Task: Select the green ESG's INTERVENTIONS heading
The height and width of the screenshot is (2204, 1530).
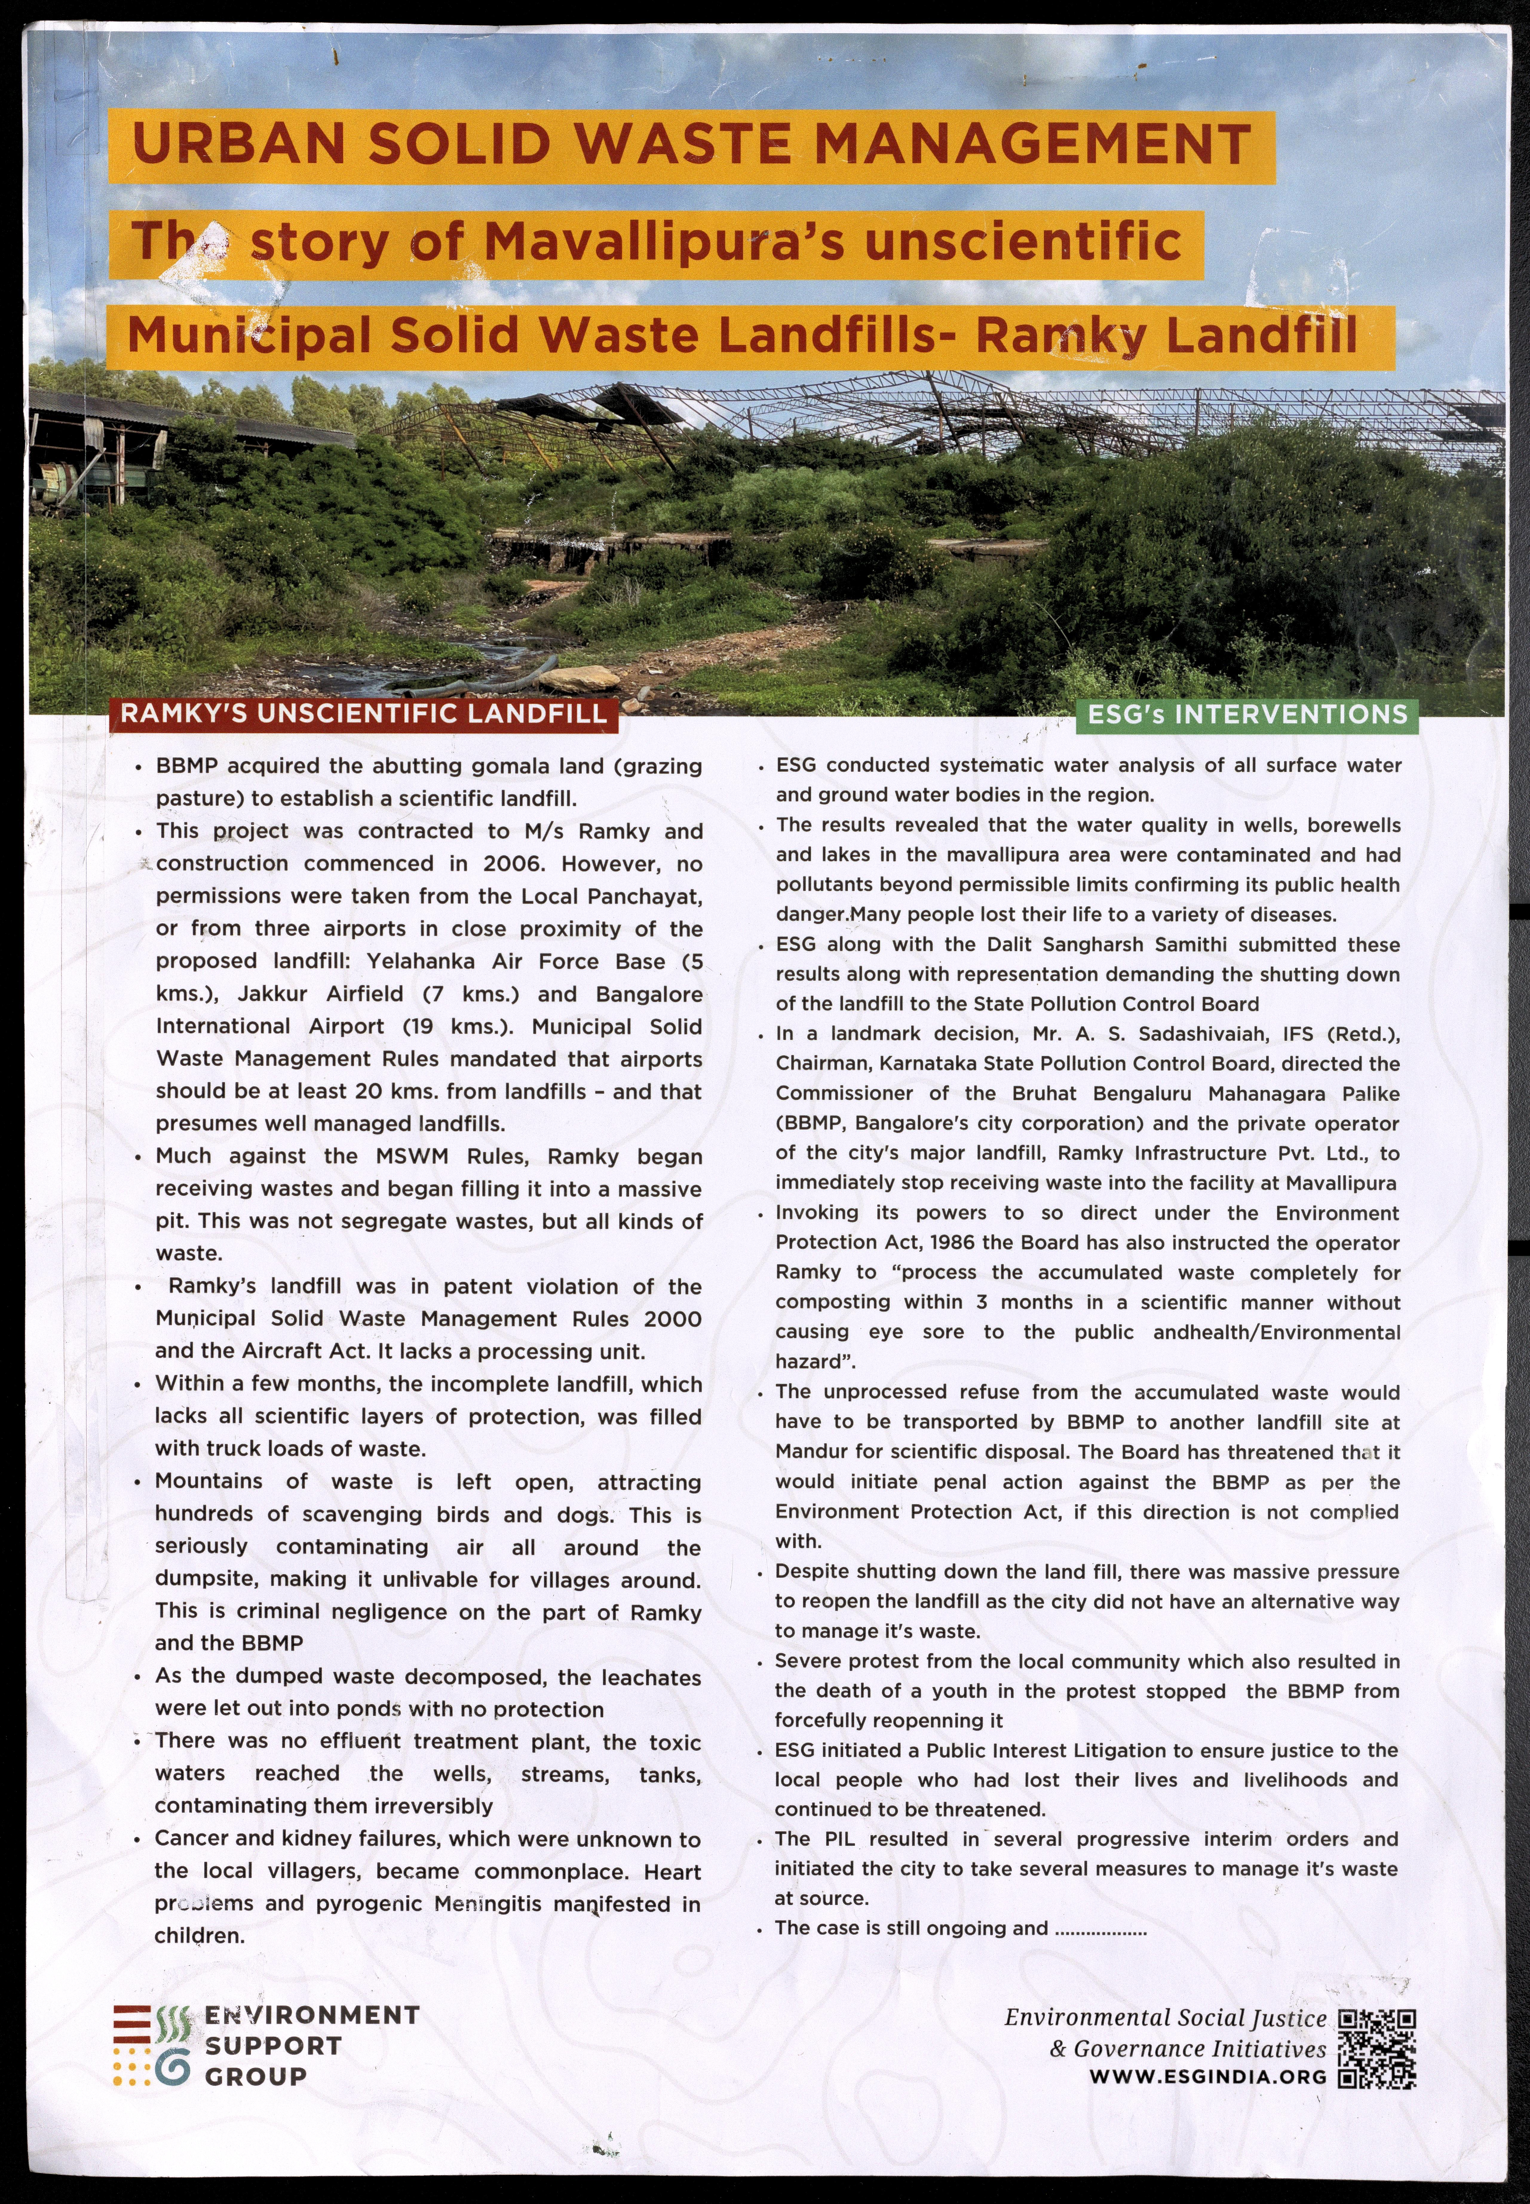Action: pos(1247,714)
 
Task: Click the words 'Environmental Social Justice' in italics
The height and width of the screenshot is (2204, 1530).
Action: pos(1165,2018)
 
